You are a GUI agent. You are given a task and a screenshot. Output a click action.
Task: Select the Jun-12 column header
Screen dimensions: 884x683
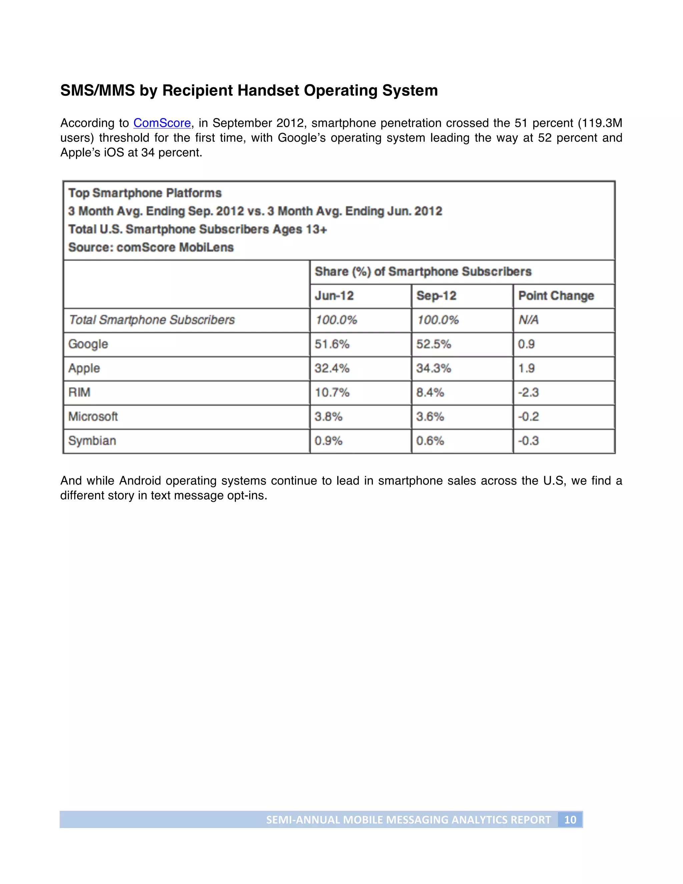tap(334, 296)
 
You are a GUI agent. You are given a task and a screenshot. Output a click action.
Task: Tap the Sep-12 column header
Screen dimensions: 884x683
tap(436, 296)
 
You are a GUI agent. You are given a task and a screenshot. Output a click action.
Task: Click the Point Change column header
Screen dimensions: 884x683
tap(556, 296)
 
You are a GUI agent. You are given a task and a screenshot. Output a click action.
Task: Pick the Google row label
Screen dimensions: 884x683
tap(88, 344)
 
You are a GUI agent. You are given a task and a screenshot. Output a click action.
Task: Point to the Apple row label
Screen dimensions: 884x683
tap(84, 368)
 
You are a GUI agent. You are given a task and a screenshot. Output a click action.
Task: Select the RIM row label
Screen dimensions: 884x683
tap(79, 392)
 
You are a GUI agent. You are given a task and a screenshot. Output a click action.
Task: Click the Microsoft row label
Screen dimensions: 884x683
tap(93, 417)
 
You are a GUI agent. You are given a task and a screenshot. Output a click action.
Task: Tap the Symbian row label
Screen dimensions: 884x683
tap(92, 440)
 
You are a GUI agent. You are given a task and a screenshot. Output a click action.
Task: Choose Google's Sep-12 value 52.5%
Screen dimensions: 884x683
tap(433, 344)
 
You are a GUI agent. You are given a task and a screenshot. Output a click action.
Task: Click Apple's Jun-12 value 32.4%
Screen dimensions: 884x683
tap(332, 368)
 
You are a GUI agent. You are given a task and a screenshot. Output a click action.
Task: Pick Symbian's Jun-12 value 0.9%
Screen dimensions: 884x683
tap(328, 440)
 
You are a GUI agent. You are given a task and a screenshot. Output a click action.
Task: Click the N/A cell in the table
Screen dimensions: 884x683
tap(529, 320)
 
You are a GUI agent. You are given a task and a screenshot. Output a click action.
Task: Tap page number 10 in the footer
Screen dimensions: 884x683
tap(570, 820)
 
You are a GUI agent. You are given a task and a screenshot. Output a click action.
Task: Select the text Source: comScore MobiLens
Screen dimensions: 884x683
tap(151, 247)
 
